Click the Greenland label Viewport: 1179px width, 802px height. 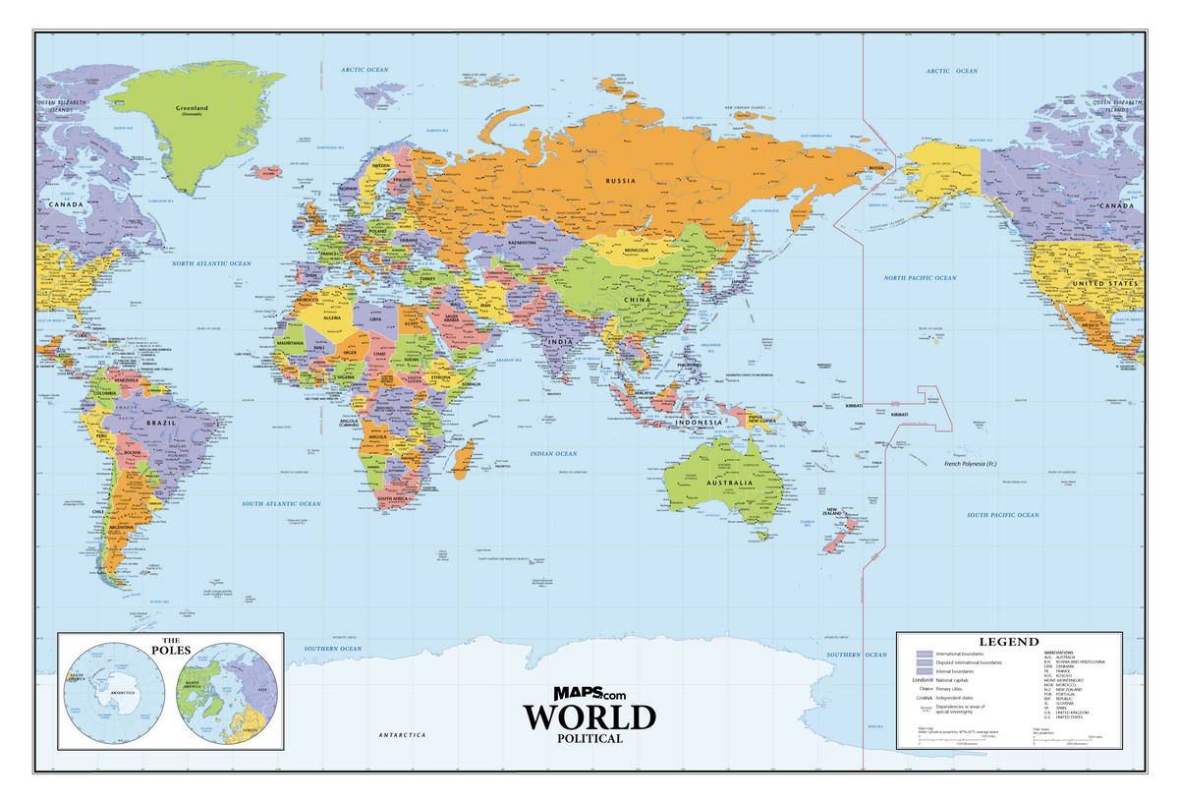coord(193,108)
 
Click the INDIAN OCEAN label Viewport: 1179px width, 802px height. coord(553,453)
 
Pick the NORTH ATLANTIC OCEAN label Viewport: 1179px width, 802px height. coord(211,263)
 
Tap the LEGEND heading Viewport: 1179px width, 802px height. coord(1008,642)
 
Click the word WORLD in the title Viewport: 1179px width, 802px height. coord(589,717)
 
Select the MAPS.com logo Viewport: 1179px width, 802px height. coord(589,694)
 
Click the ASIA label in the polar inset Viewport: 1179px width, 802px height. coord(261,687)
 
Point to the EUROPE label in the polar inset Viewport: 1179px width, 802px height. coord(250,730)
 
